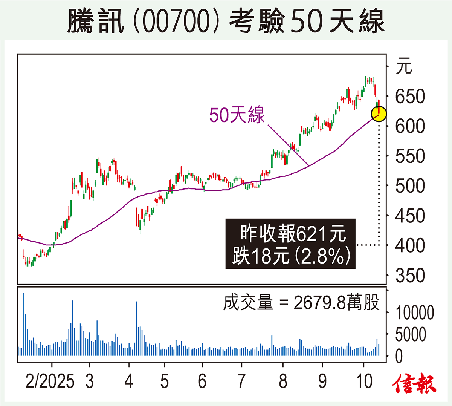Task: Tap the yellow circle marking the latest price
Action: pyautogui.click(x=379, y=113)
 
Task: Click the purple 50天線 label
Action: pyautogui.click(x=237, y=115)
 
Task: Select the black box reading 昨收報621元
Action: pyautogui.click(x=290, y=244)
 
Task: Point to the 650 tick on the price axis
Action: pyautogui.click(x=410, y=97)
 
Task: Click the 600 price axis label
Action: pyautogui.click(x=410, y=126)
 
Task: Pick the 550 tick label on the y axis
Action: pyautogui.click(x=410, y=156)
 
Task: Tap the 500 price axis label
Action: pyautogui.click(x=410, y=186)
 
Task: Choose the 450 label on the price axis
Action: pyautogui.click(x=410, y=216)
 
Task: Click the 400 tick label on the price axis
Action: pyautogui.click(x=410, y=246)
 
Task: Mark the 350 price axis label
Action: pyautogui.click(x=410, y=276)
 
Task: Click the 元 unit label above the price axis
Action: pyautogui.click(x=404, y=67)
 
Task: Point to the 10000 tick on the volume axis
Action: pyautogui.click(x=414, y=313)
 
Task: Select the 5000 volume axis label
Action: pyautogui.click(x=411, y=334)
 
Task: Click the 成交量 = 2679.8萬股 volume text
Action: pyautogui.click(x=301, y=303)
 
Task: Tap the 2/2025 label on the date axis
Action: pyautogui.click(x=50, y=381)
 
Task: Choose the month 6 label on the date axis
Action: pyautogui.click(x=202, y=381)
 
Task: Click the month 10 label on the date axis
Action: pyautogui.click(x=364, y=381)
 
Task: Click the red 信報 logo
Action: pyautogui.click(x=414, y=385)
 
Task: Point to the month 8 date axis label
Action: pyautogui.click(x=283, y=381)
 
